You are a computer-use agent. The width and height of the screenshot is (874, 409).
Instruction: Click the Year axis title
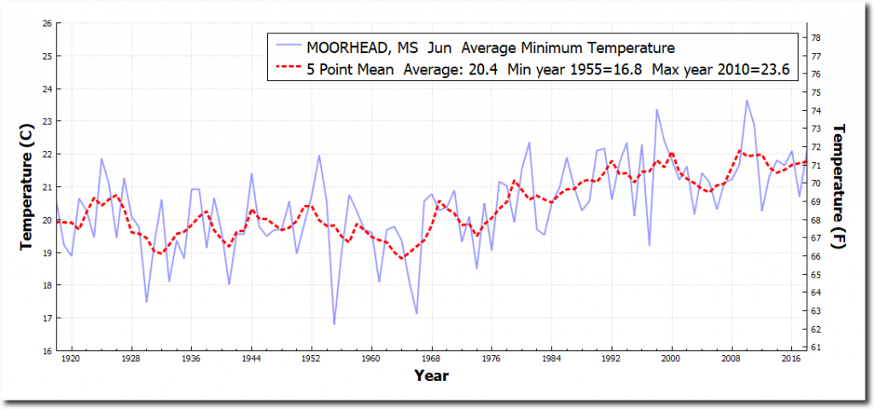pos(431,375)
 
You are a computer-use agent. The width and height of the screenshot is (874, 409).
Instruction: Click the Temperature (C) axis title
pos(28,186)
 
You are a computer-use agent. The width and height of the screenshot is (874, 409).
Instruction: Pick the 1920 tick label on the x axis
pos(71,359)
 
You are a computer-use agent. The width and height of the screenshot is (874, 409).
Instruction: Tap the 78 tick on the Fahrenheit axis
pos(816,38)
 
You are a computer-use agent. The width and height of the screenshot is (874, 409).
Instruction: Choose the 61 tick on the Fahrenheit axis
pos(816,348)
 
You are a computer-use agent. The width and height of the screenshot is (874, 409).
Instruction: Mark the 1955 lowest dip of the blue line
pos(334,324)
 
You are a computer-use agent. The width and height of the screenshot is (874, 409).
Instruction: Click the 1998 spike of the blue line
pos(656,109)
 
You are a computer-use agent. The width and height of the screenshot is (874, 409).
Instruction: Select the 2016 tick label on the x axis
pos(792,359)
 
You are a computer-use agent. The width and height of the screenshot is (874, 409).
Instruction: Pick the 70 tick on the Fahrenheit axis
pos(816,184)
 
